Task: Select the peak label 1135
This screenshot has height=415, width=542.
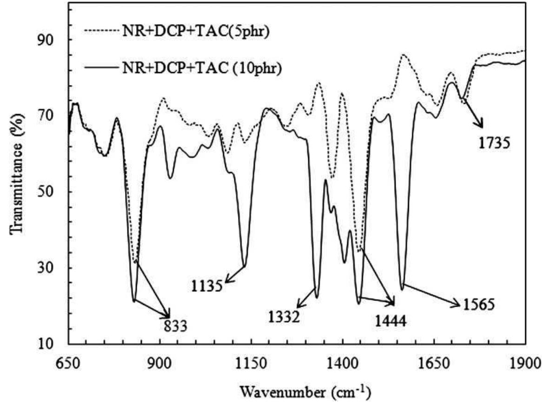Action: click(x=207, y=285)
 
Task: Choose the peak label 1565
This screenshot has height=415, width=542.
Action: click(x=478, y=305)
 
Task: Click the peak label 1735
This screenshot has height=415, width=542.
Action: click(x=495, y=142)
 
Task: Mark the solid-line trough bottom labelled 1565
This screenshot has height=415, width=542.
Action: click(x=403, y=289)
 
